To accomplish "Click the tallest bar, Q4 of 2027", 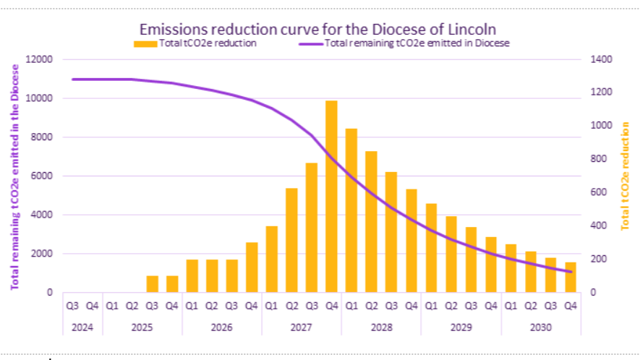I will tap(331, 197).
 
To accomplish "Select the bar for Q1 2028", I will tap(351, 210).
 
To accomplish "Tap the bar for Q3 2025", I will tap(153, 284).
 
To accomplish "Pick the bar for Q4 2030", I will tap(570, 278).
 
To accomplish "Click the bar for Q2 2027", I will tap(291, 240).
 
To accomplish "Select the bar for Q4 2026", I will tap(252, 267).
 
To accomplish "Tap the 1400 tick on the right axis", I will tap(602, 59).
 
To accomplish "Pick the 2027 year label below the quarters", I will tap(302, 327).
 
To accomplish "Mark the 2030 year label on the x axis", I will tap(540, 327).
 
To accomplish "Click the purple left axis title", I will tap(14, 176).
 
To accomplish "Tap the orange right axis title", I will tap(626, 176).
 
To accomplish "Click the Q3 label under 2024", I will tap(73, 306).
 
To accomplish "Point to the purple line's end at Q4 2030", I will tap(570, 272).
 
